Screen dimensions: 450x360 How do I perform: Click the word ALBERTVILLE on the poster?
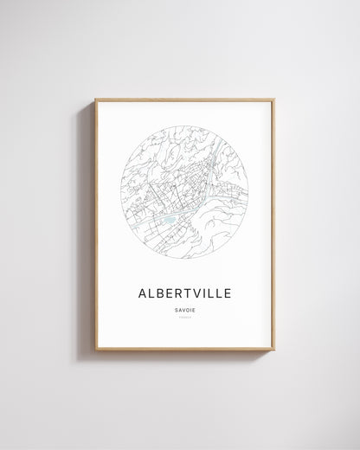tap(184, 293)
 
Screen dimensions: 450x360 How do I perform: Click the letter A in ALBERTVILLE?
tap(143, 293)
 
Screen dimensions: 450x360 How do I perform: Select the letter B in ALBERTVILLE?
tap(162, 293)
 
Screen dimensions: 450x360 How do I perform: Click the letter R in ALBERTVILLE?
tap(176, 293)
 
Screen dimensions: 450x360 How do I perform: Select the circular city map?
tap(184, 192)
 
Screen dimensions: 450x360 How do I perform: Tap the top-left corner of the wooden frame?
tap(96, 100)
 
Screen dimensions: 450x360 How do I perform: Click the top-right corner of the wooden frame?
tap(273, 100)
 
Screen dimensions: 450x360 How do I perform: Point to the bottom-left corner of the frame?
tap(96, 349)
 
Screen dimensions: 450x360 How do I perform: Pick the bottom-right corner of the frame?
tap(273, 349)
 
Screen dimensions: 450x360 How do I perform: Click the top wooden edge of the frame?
tap(184, 100)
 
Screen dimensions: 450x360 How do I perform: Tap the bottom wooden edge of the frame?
tap(184, 349)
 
